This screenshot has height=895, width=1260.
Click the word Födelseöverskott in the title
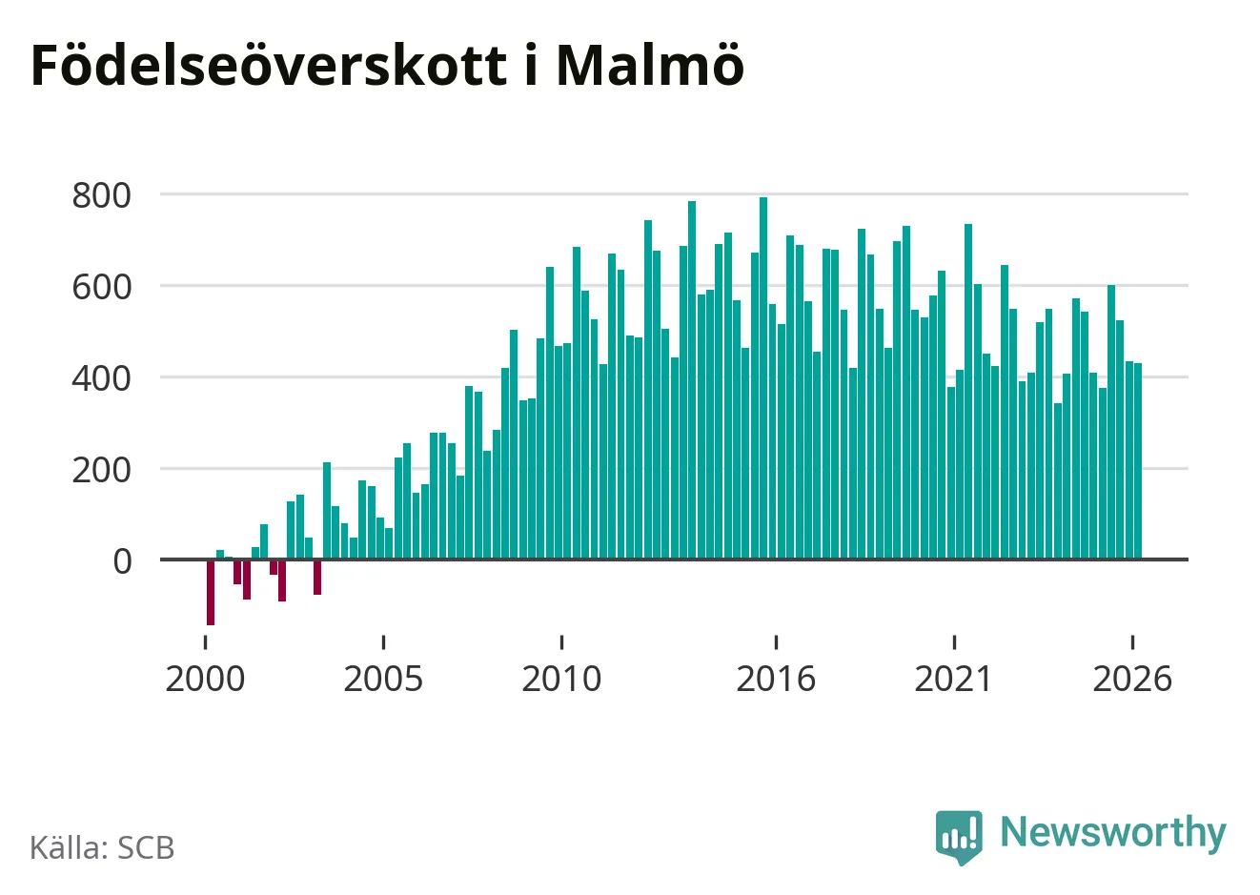[269, 65]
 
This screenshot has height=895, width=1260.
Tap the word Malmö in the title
[650, 65]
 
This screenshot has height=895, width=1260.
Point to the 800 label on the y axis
[101, 195]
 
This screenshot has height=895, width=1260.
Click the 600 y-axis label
[101, 287]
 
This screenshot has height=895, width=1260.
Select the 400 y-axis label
[101, 378]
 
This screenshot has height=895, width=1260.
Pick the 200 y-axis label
[101, 470]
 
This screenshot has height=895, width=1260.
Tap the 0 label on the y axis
[122, 561]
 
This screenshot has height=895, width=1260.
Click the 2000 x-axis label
[205, 679]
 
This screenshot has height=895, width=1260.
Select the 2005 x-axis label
[383, 679]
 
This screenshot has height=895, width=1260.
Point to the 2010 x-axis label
[561, 679]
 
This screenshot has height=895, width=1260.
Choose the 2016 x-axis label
[776, 679]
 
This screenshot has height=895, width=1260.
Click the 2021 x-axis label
[953, 679]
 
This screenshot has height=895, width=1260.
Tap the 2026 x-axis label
[1131, 679]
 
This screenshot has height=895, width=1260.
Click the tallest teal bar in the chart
[763, 378]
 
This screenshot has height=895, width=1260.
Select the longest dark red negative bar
[211, 593]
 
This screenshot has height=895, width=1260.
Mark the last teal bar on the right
[1138, 461]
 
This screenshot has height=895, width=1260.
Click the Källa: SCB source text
[102, 847]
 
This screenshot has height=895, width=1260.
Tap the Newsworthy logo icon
[959, 837]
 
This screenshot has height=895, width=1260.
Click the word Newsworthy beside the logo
[1113, 832]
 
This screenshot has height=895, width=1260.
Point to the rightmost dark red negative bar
[317, 578]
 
